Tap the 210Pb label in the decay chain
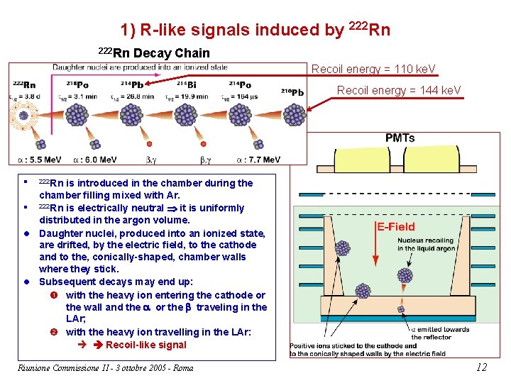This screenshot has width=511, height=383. tap(292, 92)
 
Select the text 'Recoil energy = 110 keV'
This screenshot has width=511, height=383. tap(373, 69)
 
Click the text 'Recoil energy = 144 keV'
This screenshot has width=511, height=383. tap(399, 90)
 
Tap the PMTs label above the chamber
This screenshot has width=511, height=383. tap(400, 138)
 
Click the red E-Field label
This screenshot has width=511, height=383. tap(396, 227)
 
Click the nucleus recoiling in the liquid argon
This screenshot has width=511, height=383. tap(406, 276)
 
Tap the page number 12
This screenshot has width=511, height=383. tap(481, 367)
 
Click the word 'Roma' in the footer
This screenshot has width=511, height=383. tap(182, 367)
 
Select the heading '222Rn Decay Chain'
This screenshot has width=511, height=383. tap(153, 52)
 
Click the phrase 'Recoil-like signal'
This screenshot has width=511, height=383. tap(145, 345)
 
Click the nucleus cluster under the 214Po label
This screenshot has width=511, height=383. tap(239, 115)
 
